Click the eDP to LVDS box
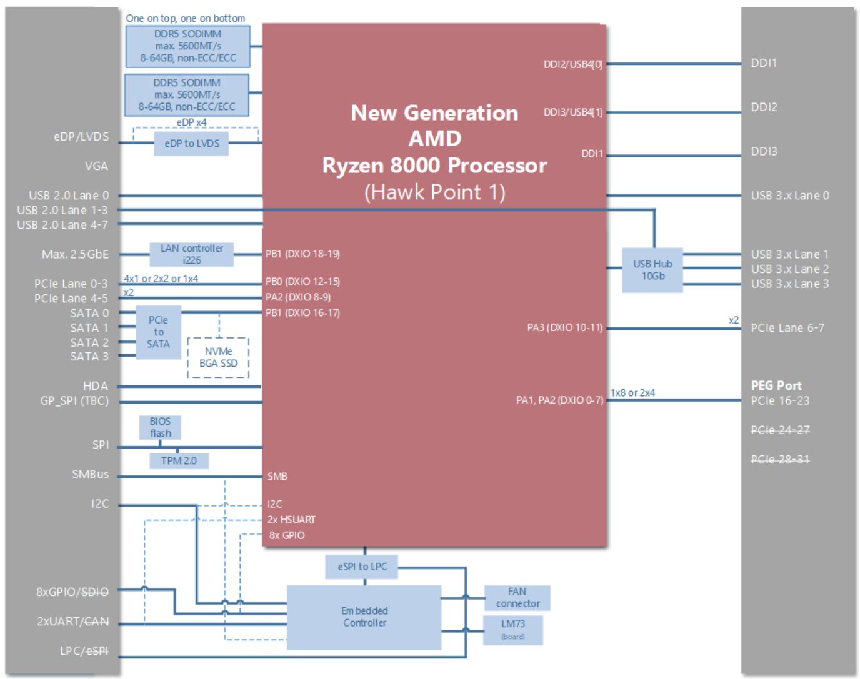point(191,144)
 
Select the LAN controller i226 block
point(191,254)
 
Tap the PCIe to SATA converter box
point(158,332)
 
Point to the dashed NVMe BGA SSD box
point(218,357)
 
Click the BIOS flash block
point(160,427)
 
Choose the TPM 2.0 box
point(179,461)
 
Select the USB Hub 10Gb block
point(652,270)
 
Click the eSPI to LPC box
point(362,567)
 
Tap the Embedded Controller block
point(364,617)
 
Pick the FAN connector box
point(517,598)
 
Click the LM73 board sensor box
point(513,630)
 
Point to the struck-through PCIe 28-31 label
point(780,459)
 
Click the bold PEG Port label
point(776,385)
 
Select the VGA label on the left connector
point(96,166)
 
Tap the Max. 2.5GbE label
point(75,254)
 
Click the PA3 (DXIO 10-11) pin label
point(564,327)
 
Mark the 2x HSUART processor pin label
point(291,520)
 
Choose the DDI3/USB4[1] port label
point(572,112)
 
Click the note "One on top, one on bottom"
point(186,18)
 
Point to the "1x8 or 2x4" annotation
point(632,393)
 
